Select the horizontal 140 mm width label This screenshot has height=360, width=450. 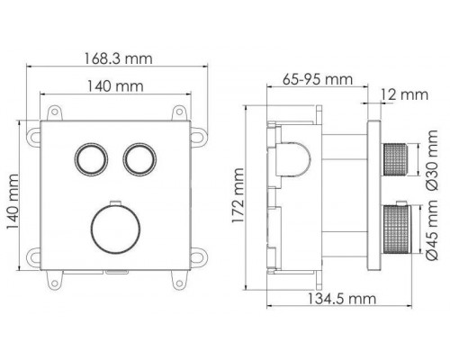tap(116, 88)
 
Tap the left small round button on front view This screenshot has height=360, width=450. tap(90, 158)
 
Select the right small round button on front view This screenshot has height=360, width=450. tap(139, 158)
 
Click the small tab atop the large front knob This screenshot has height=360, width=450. tap(114, 198)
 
